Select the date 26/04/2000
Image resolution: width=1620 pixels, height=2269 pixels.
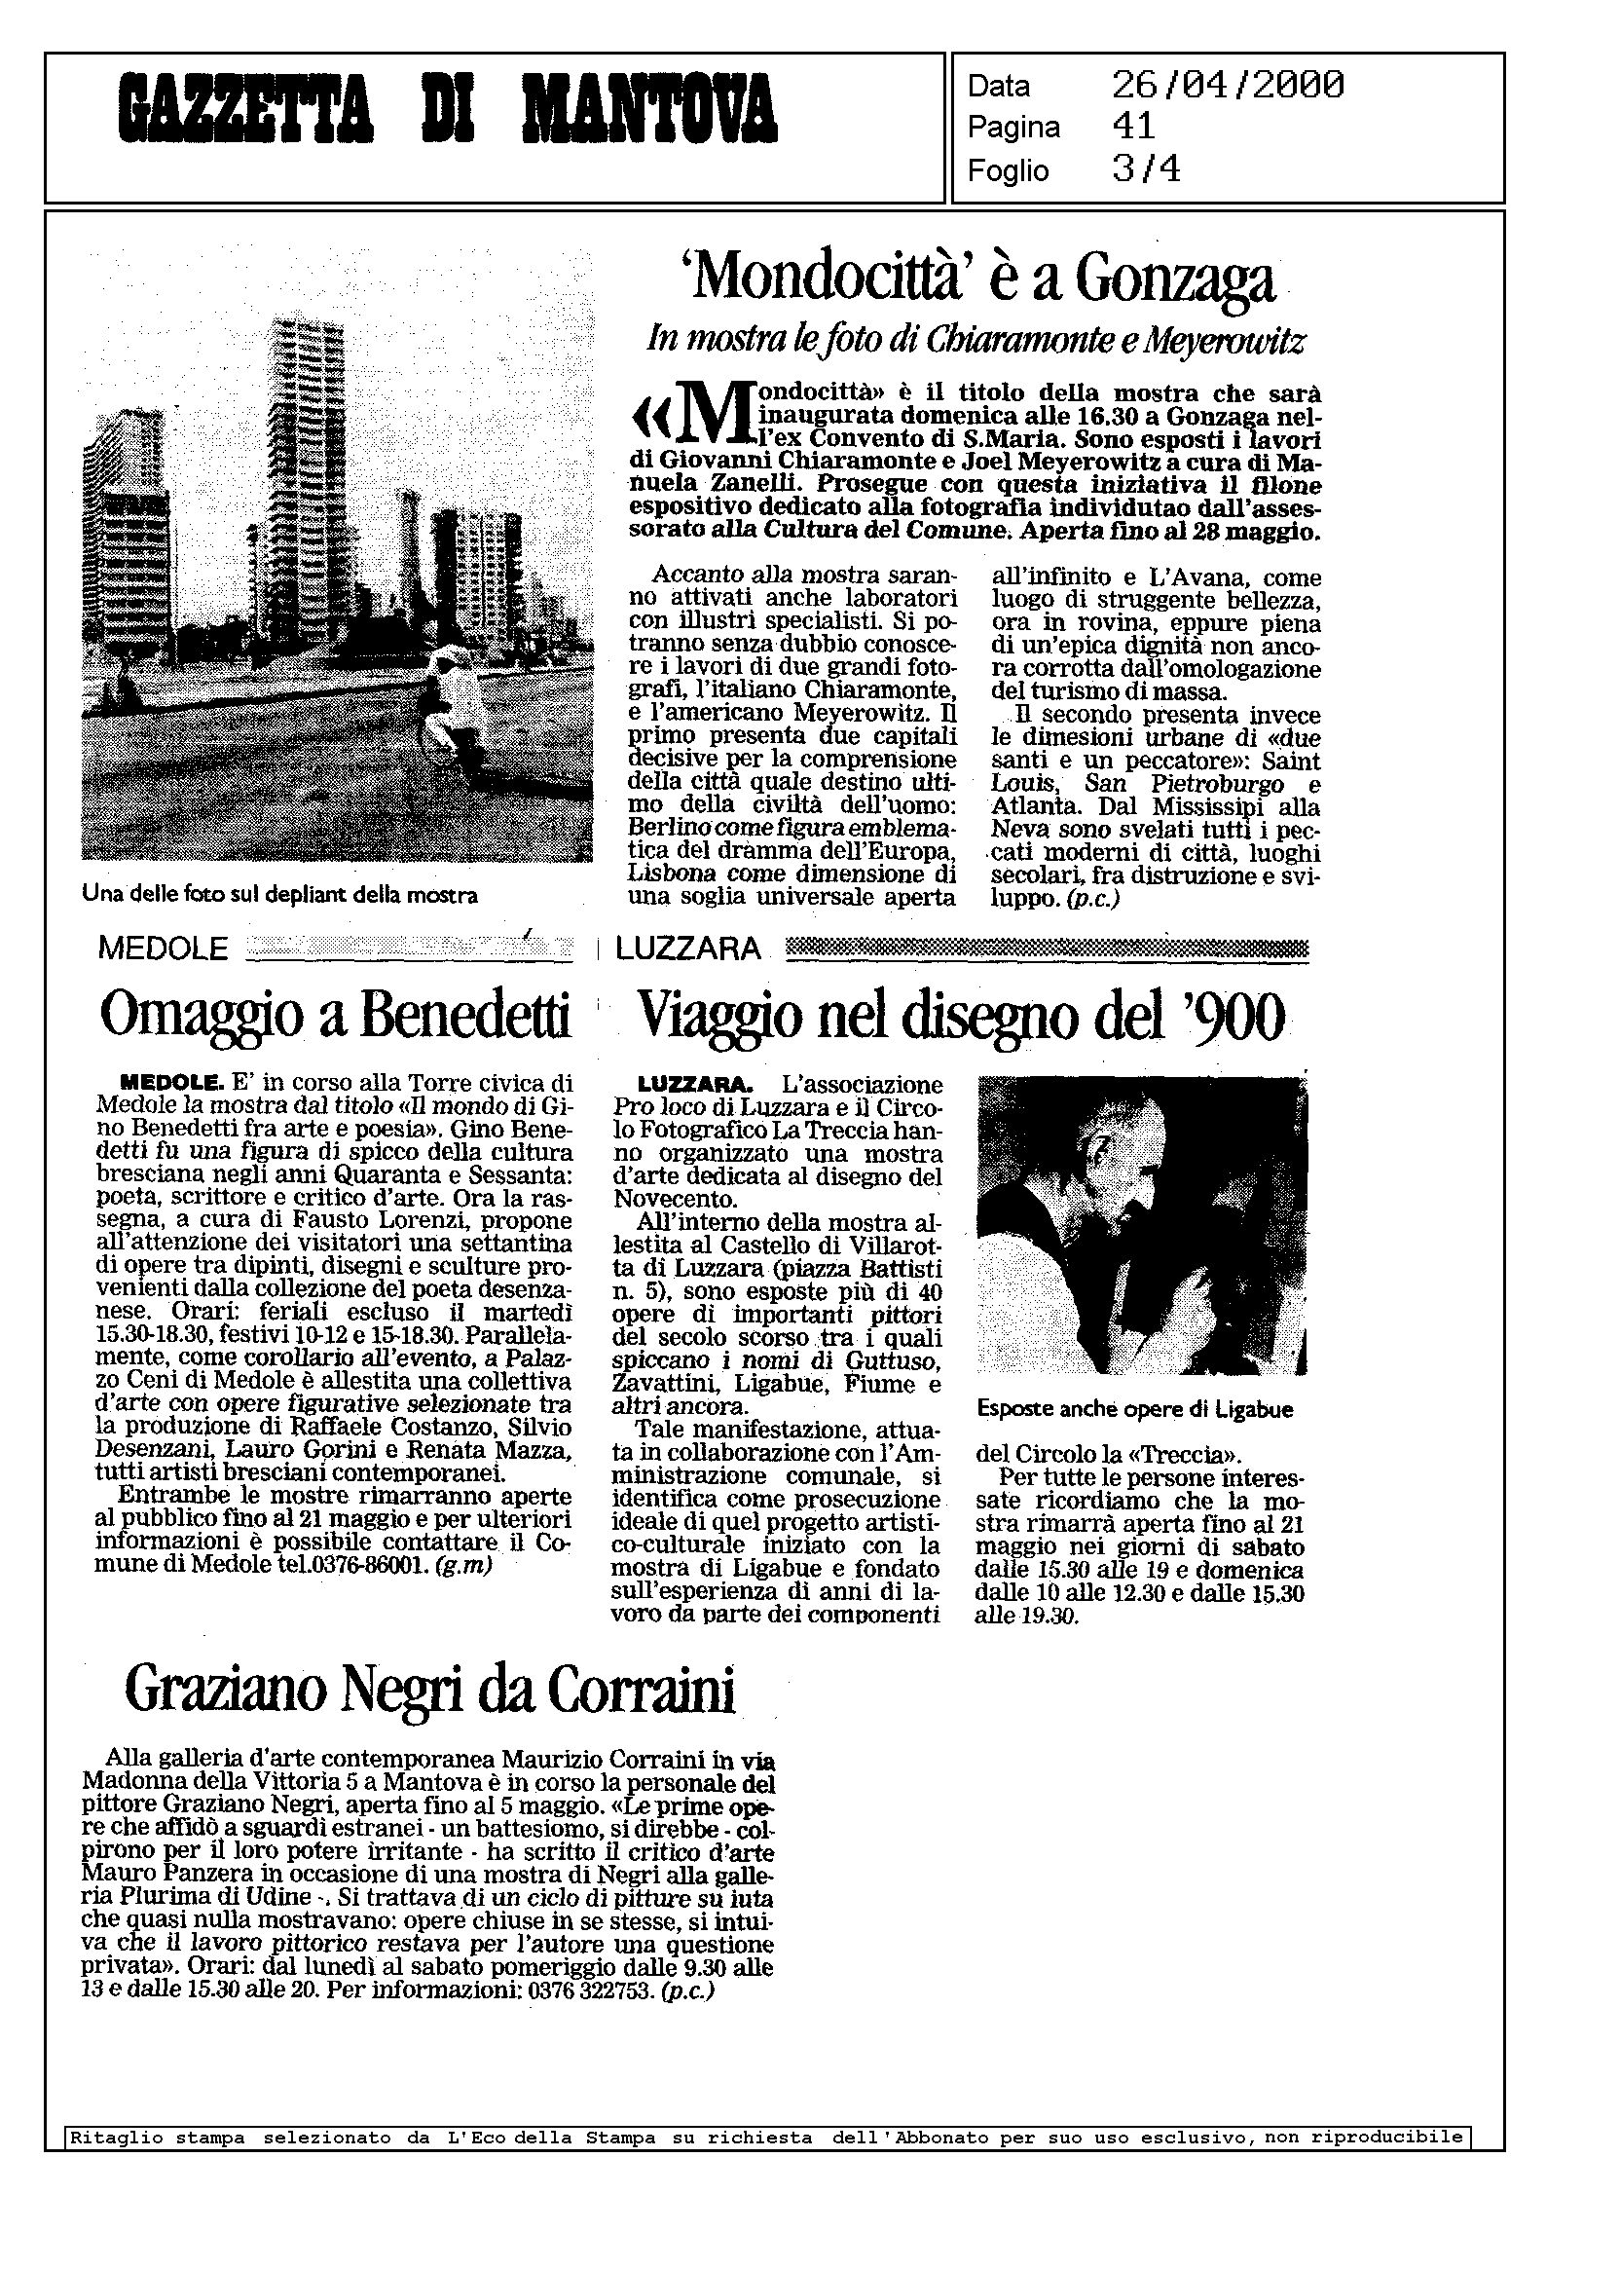tap(1227, 86)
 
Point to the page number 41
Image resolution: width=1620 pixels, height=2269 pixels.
tap(1133, 127)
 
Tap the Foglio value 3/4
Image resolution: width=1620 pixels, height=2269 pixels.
tap(1146, 169)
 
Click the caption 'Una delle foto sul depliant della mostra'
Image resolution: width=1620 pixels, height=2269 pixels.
tap(280, 895)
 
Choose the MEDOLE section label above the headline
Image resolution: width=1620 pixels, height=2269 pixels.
tap(164, 948)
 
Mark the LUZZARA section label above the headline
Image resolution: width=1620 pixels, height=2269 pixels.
tap(688, 948)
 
